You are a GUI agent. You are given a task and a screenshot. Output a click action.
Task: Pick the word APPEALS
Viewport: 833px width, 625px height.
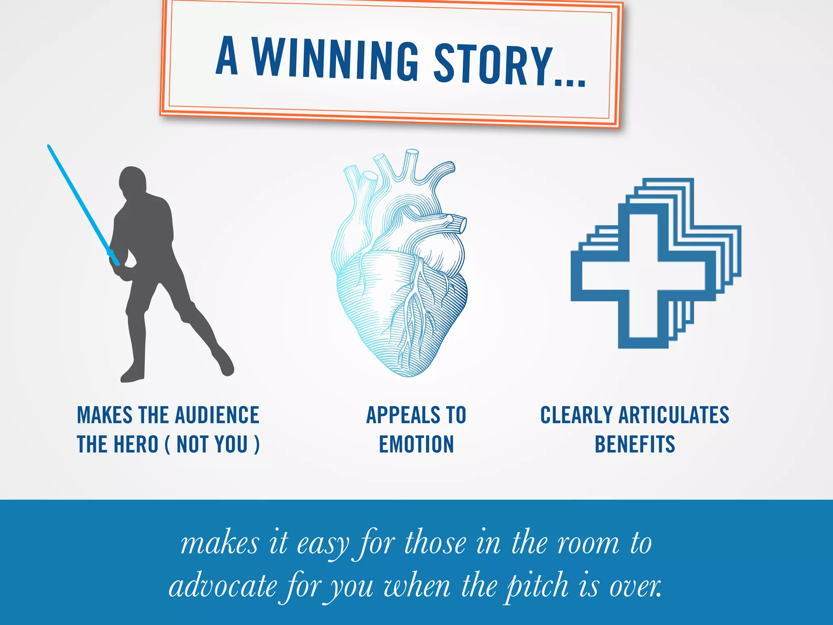(403, 415)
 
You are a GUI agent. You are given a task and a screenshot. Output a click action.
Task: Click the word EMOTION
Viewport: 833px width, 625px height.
(416, 444)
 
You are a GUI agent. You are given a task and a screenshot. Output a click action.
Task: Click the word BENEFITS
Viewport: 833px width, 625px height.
(635, 444)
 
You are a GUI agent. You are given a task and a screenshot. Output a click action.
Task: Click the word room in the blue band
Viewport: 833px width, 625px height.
(588, 544)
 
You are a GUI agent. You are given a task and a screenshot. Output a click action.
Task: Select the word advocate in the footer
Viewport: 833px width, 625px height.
(223, 587)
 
